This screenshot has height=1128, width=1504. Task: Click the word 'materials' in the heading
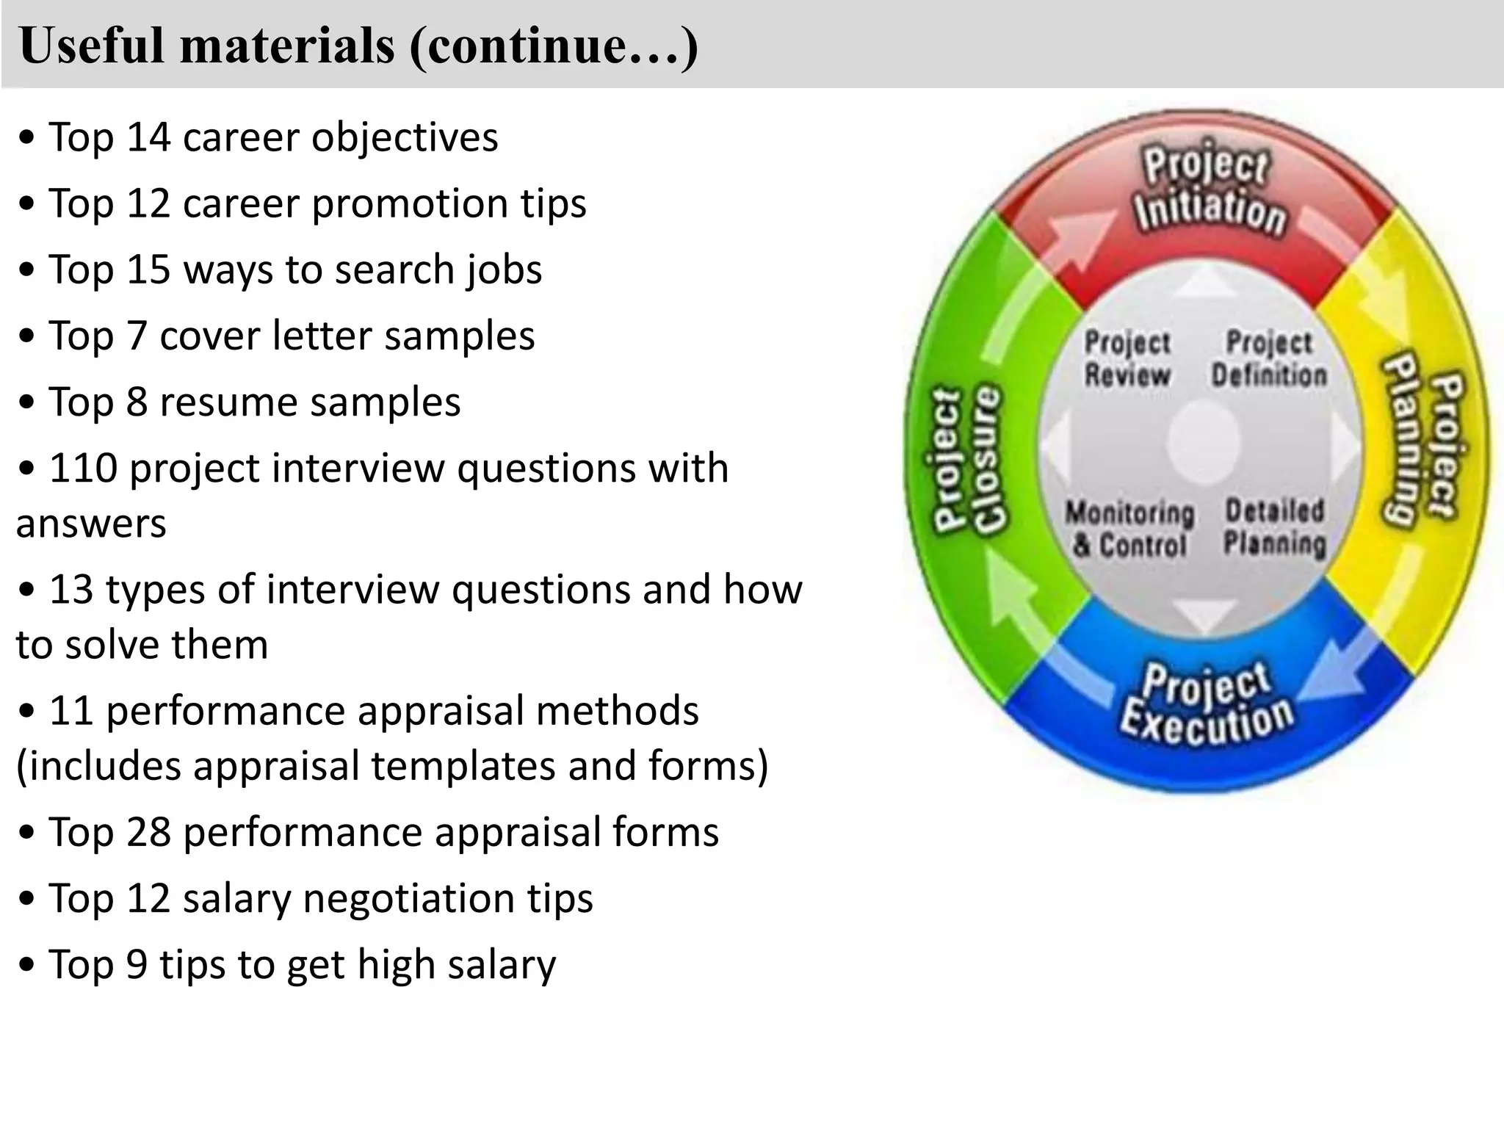(287, 46)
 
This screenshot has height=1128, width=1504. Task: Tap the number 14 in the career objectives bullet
(149, 137)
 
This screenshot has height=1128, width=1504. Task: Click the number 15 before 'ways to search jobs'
(149, 270)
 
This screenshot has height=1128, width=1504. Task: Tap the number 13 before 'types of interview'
(71, 590)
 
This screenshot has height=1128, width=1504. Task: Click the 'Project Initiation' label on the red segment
(1208, 189)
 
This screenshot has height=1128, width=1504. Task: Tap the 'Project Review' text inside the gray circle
(1127, 358)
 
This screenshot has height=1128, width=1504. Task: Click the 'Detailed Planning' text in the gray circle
(1275, 527)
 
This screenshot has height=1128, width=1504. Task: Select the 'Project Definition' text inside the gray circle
(1269, 358)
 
